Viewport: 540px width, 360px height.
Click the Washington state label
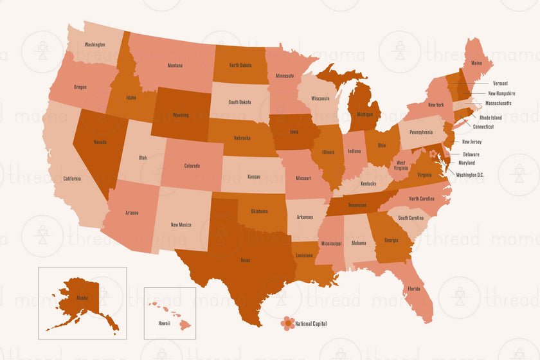pos(94,45)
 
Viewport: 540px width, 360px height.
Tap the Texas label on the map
pos(246,260)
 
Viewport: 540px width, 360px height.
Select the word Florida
pos(413,289)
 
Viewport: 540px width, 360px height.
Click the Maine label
pos(476,64)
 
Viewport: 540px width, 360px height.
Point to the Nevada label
pos(99,142)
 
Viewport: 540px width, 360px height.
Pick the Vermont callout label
pos(500,84)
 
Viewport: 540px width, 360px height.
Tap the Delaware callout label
pos(471,155)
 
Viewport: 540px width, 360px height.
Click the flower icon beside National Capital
pos(288,323)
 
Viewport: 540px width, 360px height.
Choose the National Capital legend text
pos(311,324)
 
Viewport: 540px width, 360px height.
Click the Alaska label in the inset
pos(82,298)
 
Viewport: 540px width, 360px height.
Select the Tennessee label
pos(357,205)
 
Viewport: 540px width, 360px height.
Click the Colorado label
pos(192,166)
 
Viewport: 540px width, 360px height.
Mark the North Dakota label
pos(240,66)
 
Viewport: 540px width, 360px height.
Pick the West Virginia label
pos(401,166)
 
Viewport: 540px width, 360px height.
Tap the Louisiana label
pos(304,255)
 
